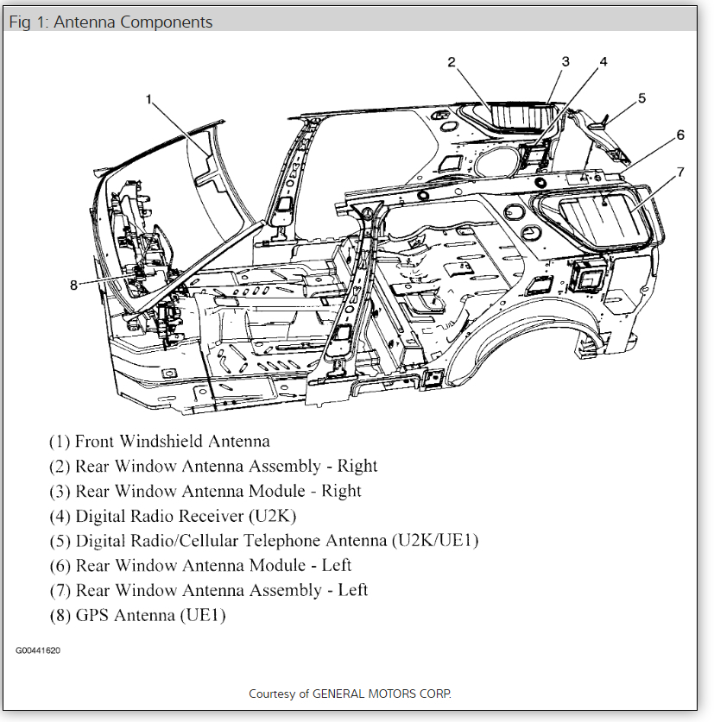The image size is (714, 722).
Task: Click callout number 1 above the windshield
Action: tap(148, 99)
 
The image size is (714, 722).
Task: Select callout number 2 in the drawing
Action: tap(451, 61)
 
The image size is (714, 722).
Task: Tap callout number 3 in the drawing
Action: tap(566, 61)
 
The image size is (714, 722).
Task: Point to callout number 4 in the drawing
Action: tap(603, 61)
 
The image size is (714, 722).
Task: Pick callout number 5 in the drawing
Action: tap(641, 98)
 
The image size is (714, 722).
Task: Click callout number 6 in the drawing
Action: tap(680, 135)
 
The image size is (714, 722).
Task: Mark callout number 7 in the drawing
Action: tap(680, 172)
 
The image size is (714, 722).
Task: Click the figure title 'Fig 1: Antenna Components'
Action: tap(111, 21)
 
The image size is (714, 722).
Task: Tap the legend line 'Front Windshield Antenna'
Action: tap(160, 442)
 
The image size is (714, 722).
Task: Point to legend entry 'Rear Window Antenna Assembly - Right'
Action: tap(213, 467)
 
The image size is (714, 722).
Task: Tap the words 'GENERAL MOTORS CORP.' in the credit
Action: tap(382, 694)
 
